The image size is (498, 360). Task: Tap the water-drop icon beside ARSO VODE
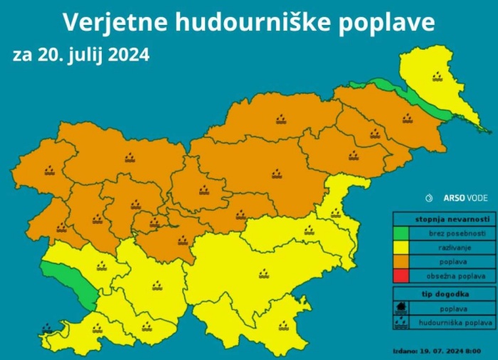click(429, 198)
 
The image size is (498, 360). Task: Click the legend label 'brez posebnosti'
click(457, 233)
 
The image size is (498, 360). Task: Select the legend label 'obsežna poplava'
click(457, 275)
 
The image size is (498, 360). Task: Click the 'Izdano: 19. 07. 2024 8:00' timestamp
click(436, 351)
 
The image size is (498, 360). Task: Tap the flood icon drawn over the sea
click(47, 329)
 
